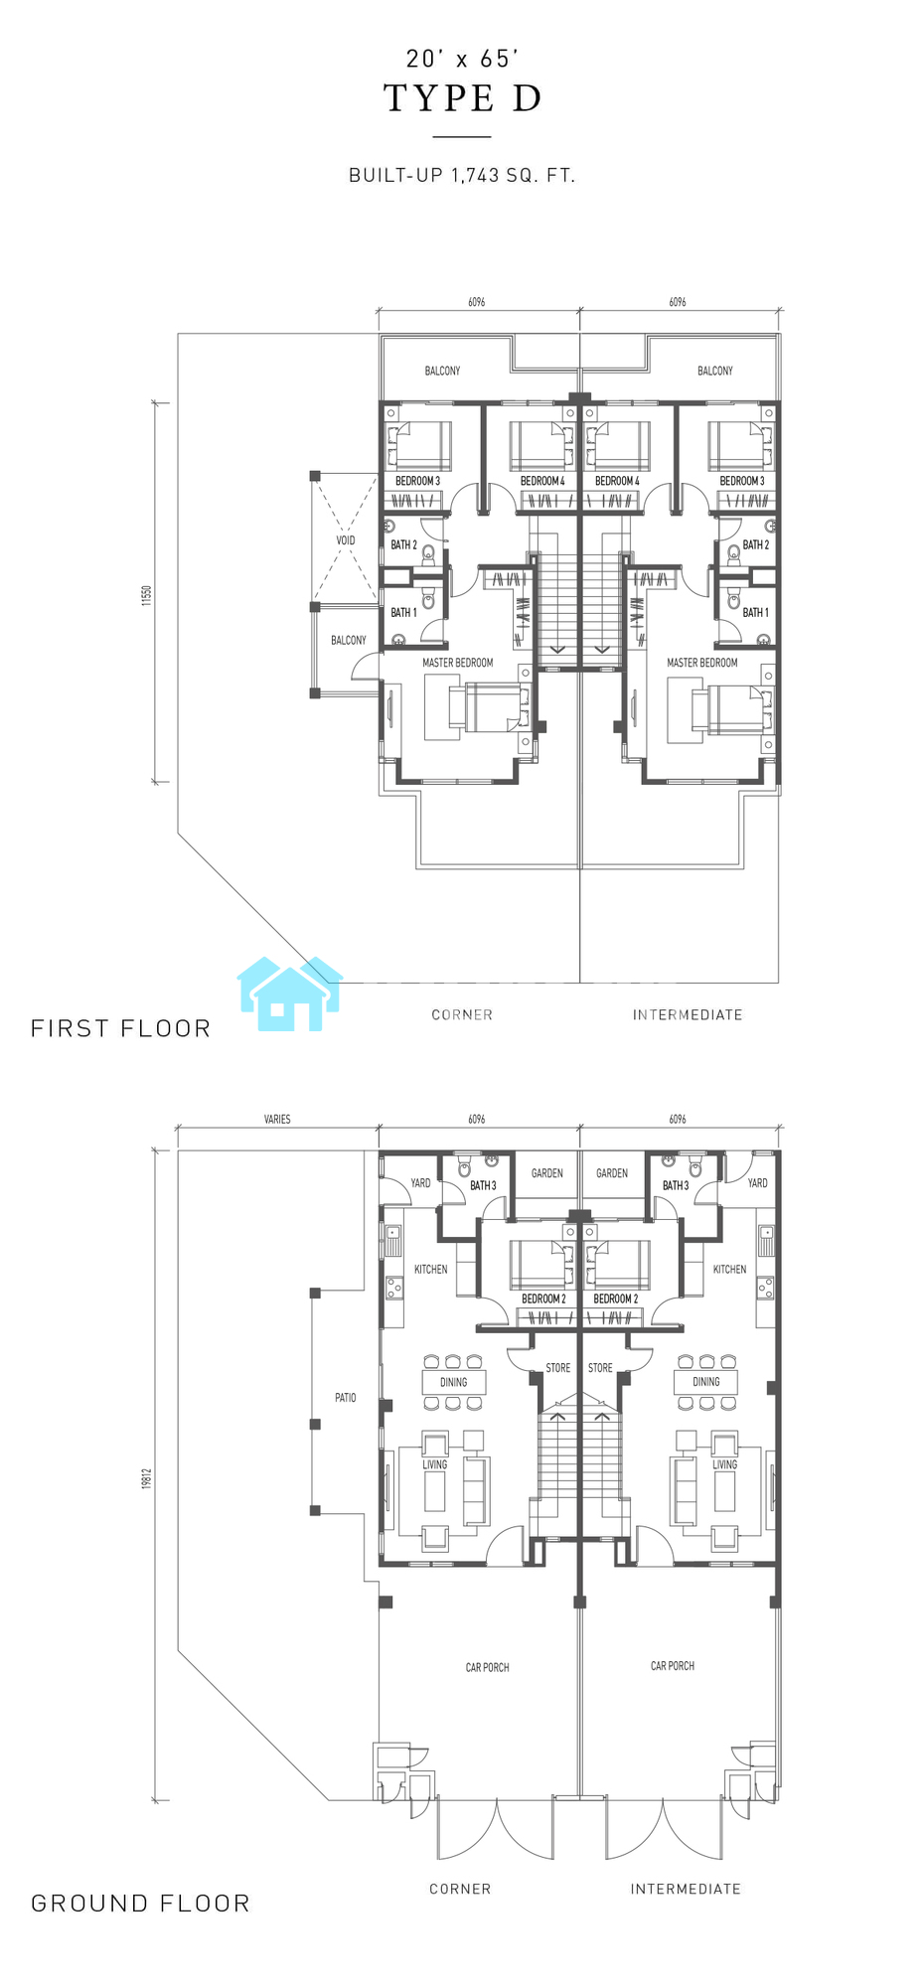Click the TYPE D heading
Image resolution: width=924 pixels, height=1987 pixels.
coord(463,98)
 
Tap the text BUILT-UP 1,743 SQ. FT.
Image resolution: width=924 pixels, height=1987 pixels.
coord(462,176)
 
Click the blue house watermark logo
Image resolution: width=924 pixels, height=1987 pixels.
coord(290,993)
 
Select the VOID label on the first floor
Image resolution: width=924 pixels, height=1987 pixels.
coord(346,540)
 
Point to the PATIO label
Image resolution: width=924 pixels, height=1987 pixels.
coord(346,1398)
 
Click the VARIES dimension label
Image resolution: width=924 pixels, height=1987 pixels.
coord(277,1120)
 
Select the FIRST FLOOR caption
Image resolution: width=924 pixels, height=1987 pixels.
coord(121,1028)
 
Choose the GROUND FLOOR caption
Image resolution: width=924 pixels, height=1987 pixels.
coord(141,1904)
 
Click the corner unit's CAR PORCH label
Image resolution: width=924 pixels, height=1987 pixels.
coord(488,1667)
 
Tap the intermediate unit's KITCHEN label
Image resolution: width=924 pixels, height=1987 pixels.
coord(729,1269)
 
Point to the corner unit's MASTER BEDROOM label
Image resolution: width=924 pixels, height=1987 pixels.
coord(458,663)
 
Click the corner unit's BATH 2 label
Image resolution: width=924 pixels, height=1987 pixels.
coord(403,544)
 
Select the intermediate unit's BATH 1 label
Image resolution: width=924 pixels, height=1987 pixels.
coord(756,612)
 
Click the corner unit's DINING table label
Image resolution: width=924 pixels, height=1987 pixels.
coord(454,1382)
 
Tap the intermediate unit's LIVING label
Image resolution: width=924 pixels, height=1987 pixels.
coord(725,1464)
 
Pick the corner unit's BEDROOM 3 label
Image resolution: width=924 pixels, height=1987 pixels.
coord(417,481)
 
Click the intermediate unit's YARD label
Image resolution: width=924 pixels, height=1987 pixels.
coord(758,1183)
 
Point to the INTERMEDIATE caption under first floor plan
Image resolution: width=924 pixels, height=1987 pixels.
coord(688,1014)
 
